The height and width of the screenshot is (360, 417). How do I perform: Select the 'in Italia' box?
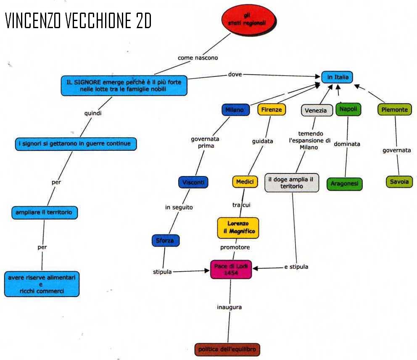338,77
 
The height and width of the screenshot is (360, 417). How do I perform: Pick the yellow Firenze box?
272,110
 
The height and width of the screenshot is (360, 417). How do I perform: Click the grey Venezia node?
316,110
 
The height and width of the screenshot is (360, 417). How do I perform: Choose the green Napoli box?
348,109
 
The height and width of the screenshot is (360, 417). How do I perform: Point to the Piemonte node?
394,110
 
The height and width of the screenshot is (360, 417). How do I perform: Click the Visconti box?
193,182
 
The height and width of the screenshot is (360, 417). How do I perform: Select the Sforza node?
165,241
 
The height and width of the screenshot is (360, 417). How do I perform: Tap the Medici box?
245,182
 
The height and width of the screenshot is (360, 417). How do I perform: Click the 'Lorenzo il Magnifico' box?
238,228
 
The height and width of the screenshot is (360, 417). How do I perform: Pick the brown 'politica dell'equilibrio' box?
227,349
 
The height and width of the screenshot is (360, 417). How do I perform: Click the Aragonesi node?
344,184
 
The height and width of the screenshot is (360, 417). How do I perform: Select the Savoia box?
399,182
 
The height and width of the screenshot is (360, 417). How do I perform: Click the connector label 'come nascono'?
198,58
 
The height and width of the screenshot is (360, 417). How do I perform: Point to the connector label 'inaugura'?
230,307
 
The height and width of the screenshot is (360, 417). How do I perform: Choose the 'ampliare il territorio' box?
44,213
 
